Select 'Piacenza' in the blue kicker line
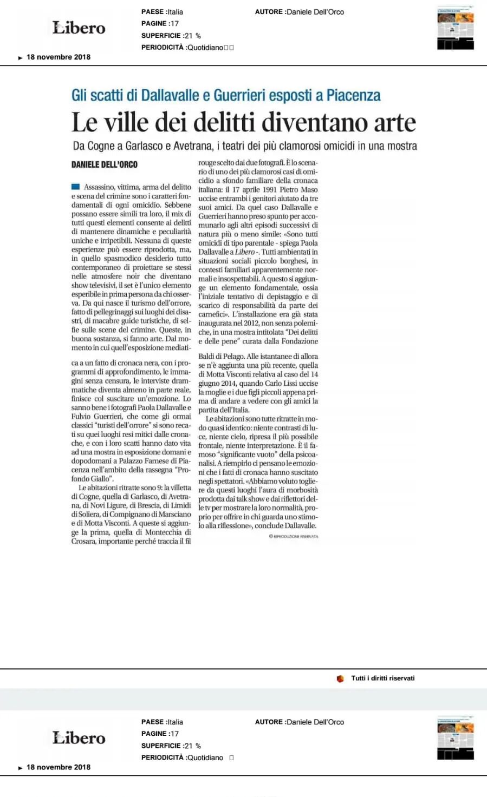(353, 96)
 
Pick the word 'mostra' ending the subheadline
(400, 146)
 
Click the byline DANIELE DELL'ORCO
(105, 164)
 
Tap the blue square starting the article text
(75, 187)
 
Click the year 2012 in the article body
(251, 324)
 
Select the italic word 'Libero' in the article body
(245, 252)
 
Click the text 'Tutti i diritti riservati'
(382, 678)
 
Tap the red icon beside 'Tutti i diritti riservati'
(340, 679)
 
